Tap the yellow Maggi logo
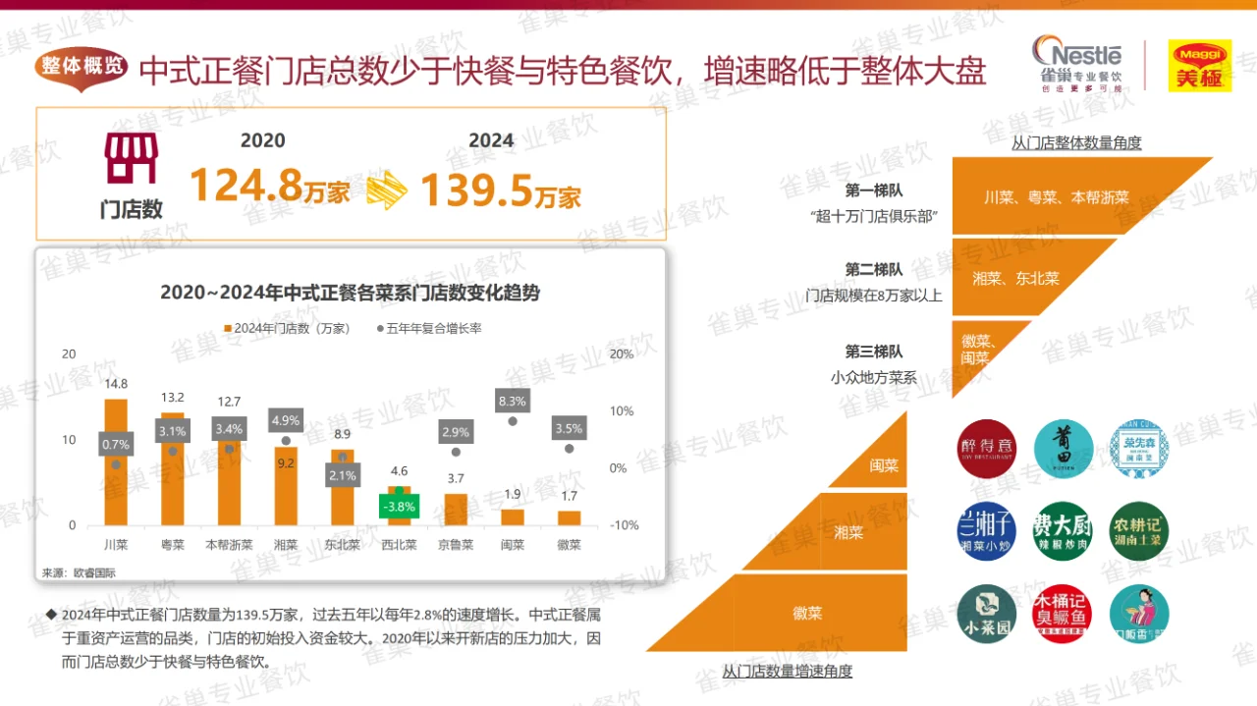coord(1199,66)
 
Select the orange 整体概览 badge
coord(83,67)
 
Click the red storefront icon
coord(131,159)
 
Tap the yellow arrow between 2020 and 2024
coord(387,189)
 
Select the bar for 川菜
coord(116,462)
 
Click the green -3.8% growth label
coord(399,507)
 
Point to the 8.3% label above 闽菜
coord(513,401)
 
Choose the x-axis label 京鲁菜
coord(455,545)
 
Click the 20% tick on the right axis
coord(622,353)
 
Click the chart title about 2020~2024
coord(351,293)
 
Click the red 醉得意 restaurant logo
coord(985,449)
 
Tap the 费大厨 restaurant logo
coord(1062,531)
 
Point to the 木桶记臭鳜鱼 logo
coord(1062,614)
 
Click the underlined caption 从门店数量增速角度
coord(788,672)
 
